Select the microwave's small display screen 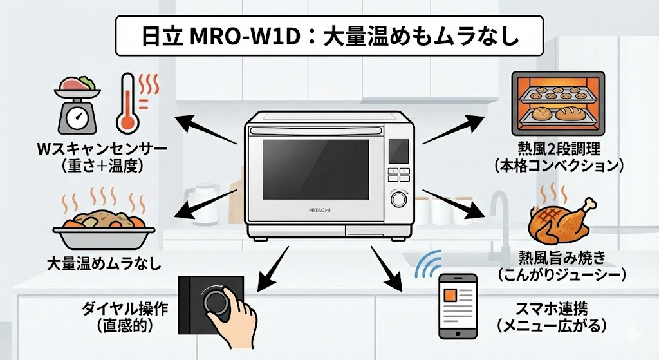(x=399, y=153)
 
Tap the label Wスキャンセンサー (x=102, y=150)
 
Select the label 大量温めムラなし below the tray (x=104, y=263)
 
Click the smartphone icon (x=458, y=306)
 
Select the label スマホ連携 (x=552, y=308)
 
